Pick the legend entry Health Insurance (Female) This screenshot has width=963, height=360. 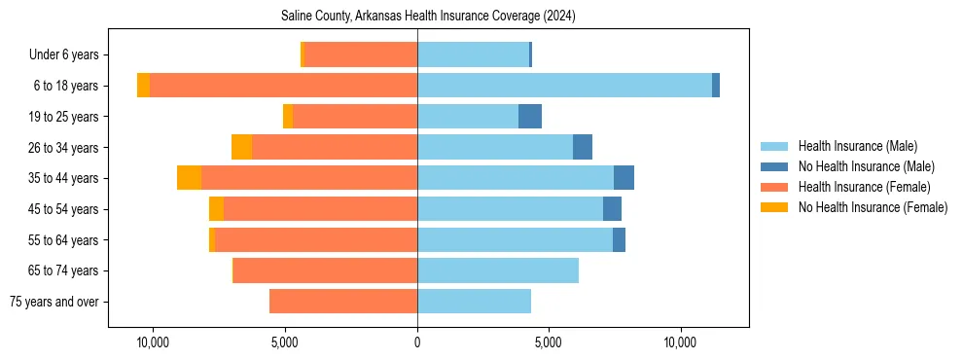click(858, 187)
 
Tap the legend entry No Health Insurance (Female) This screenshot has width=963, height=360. click(872, 207)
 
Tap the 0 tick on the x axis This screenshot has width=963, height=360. click(417, 343)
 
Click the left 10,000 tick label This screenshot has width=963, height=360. click(154, 343)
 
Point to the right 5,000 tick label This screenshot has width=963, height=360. click(549, 343)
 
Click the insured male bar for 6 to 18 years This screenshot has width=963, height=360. click(564, 86)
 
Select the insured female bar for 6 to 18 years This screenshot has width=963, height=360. click(283, 86)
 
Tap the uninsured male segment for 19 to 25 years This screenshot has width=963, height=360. click(530, 117)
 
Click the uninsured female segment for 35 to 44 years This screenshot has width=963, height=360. click(189, 178)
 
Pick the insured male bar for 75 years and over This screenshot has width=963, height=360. click(474, 302)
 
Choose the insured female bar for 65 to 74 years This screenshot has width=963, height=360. click(325, 270)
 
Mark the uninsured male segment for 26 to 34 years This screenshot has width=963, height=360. click(583, 147)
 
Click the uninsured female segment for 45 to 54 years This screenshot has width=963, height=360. click(216, 209)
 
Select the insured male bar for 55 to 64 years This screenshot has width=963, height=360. click(515, 239)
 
